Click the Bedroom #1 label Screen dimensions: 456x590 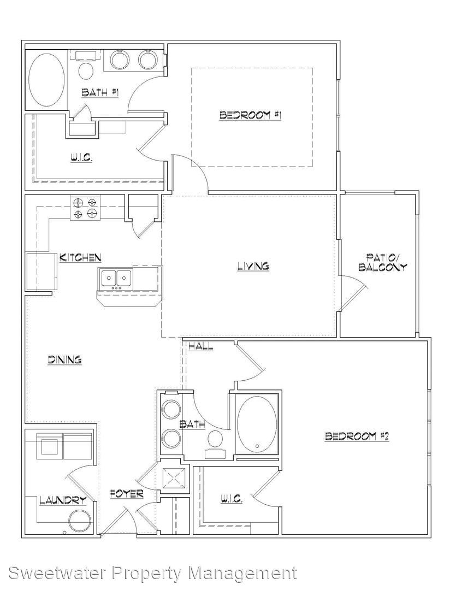click(250, 115)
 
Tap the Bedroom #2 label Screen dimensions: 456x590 click(357, 436)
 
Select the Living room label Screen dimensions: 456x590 click(253, 266)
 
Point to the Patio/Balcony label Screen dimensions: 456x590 click(383, 263)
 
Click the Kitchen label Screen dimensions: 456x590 click(80, 258)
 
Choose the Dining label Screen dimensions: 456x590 click(64, 359)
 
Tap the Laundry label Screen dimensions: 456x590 click(63, 500)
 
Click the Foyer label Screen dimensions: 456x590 click(127, 493)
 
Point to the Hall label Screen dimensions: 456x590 click(201, 346)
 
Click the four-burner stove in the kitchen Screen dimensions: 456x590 click(85, 209)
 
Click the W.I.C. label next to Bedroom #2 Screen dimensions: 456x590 click(232, 499)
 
